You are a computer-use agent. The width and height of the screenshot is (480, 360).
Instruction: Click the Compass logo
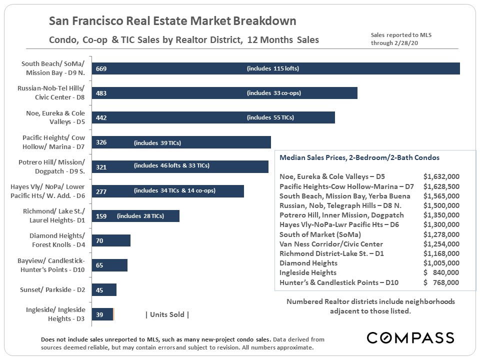410,337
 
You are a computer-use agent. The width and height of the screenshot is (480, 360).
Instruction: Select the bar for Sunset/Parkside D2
104,290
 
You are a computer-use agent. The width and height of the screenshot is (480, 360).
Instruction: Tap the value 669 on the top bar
101,68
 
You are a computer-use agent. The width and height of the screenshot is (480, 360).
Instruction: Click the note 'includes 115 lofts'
273,68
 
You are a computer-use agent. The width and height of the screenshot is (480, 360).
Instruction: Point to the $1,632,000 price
441,176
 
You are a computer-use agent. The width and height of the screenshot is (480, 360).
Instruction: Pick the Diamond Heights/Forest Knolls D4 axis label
57,240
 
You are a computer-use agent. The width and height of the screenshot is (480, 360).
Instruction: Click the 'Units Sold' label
167,314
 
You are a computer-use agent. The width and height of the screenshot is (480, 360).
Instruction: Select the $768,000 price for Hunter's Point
441,282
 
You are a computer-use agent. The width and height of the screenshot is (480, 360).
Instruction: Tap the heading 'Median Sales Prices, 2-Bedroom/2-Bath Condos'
359,157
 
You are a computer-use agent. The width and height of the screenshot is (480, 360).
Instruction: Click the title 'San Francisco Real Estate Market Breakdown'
172,21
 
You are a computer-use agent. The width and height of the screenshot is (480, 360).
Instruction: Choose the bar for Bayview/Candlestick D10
110,265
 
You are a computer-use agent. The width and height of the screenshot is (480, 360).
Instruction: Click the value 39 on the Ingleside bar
100,314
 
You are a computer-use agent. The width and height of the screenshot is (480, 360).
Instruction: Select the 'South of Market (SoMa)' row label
320,234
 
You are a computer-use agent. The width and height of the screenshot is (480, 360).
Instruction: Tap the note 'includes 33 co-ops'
274,93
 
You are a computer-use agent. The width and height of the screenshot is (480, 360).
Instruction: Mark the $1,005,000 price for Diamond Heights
441,263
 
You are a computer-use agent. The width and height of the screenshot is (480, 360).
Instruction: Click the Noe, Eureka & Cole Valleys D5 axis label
55,117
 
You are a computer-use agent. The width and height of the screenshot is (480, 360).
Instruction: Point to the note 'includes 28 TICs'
140,216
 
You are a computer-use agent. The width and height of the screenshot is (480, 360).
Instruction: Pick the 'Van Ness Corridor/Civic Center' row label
331,244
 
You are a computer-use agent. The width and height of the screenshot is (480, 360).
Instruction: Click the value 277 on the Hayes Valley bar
101,191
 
